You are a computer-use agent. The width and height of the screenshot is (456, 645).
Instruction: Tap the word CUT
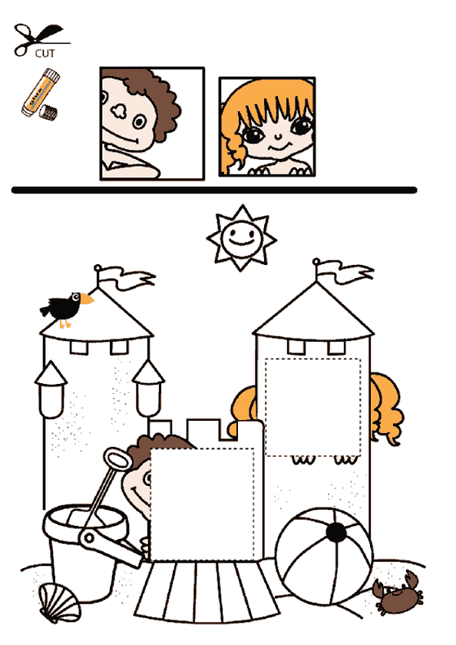pos(45,54)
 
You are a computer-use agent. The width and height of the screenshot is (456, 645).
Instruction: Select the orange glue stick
pos(41,93)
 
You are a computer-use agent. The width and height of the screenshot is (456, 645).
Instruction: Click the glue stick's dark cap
pos(48,112)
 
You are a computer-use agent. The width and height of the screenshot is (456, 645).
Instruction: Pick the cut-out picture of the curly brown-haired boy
pos(152,124)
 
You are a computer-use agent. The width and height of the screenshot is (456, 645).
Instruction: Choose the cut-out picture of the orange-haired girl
pos(267,127)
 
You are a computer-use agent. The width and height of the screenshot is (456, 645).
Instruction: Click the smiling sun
pos(242,238)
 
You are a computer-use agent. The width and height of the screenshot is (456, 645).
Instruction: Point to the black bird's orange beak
pos(87,299)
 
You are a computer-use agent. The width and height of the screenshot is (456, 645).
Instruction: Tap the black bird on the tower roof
pos(66,309)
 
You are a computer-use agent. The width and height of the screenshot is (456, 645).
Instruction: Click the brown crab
pos(398,594)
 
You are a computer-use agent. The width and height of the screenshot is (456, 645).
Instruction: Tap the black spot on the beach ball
pos(336,532)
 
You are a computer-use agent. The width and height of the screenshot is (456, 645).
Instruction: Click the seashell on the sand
pos(60,604)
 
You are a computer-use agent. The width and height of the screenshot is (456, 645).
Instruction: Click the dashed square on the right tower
pos(313,407)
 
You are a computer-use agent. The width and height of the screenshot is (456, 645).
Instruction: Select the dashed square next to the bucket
pos(203,504)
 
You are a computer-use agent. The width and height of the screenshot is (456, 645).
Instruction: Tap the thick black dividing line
pos(214,190)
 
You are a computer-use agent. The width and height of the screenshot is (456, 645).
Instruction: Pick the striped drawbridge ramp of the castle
pos(207,591)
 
